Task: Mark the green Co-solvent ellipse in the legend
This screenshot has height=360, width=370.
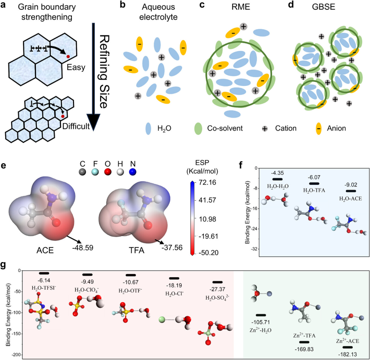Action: pyautogui.click(x=198, y=128)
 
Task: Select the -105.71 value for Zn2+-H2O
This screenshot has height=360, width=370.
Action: pyautogui.click(x=261, y=322)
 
